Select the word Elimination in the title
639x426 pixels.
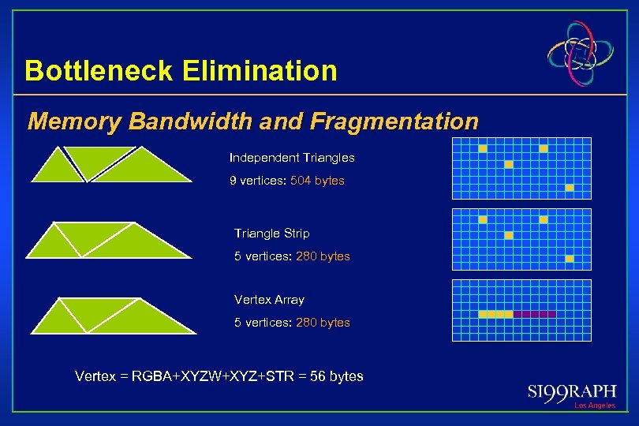[x=260, y=71]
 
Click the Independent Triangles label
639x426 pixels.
[x=292, y=158]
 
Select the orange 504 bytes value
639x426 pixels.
[x=317, y=181]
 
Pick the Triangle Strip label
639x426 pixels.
[x=271, y=234]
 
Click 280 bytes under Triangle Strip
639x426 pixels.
[x=323, y=256]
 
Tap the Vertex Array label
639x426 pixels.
[x=269, y=300]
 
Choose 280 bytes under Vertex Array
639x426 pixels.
[x=323, y=323]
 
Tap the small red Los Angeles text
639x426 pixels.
[x=594, y=405]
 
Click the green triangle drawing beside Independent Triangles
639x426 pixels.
[x=110, y=165]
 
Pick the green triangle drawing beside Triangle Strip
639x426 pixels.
[x=109, y=240]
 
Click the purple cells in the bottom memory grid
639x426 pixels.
[x=534, y=314]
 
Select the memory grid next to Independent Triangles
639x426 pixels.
[x=521, y=169]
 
